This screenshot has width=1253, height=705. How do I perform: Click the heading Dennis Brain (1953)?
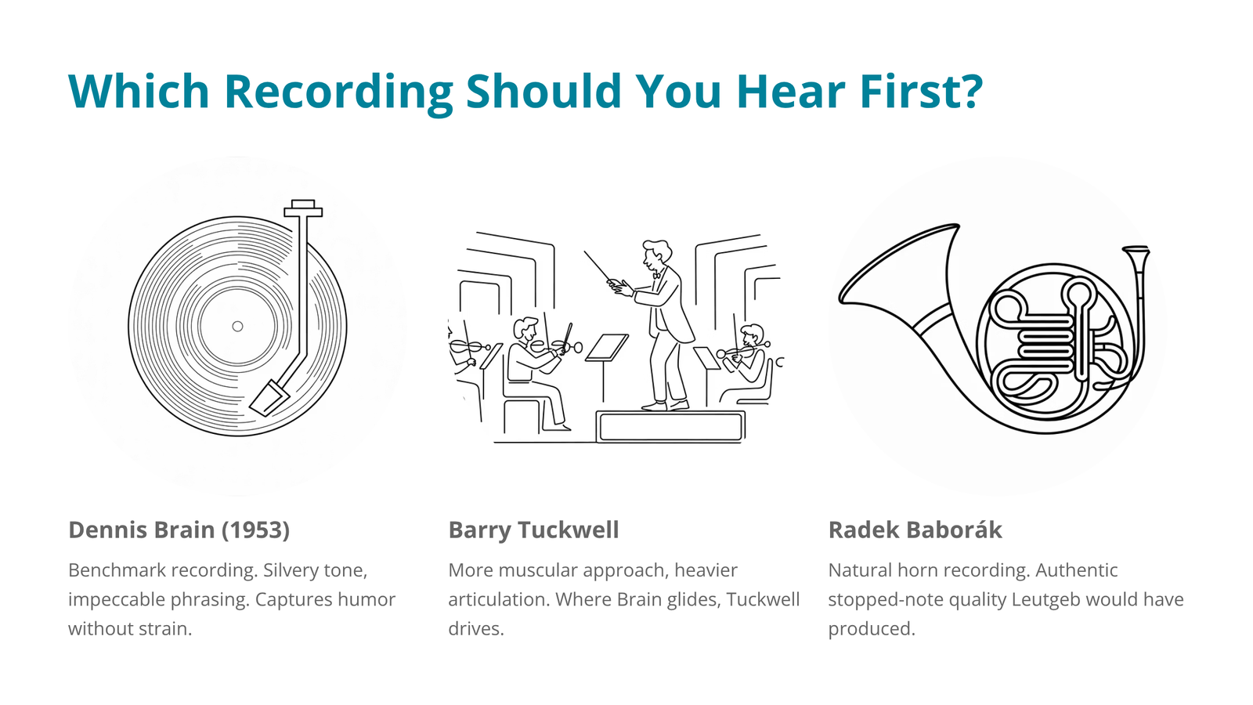click(x=179, y=530)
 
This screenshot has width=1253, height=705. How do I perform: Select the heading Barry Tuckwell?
click(x=533, y=530)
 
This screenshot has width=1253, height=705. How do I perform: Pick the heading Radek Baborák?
click(x=915, y=530)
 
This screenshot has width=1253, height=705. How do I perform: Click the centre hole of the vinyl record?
click(x=238, y=326)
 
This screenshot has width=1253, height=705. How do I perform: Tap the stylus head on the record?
click(x=269, y=398)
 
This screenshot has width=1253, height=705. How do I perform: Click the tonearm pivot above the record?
click(x=303, y=208)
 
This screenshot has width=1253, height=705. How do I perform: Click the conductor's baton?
click(x=598, y=266)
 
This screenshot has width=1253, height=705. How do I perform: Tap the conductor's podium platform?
click(x=670, y=426)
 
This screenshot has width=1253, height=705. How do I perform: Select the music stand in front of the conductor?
click(x=606, y=363)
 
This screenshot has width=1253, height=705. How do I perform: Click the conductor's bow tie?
click(x=656, y=275)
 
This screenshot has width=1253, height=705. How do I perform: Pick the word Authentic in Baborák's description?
click(x=1076, y=570)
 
